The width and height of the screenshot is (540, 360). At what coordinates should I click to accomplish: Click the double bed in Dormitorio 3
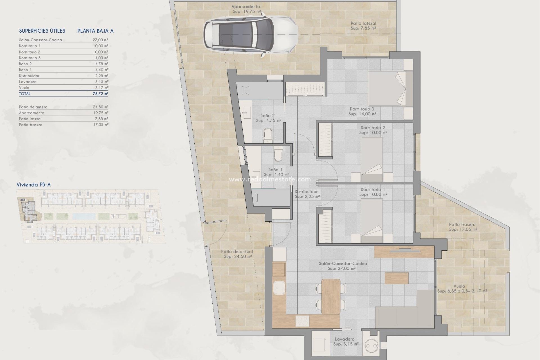[x=390, y=88]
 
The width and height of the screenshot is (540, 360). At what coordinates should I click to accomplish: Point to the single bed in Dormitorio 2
[x=372, y=159]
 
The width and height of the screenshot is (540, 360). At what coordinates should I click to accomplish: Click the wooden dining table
[x=331, y=296]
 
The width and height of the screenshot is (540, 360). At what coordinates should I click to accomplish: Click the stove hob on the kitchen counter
[x=302, y=321]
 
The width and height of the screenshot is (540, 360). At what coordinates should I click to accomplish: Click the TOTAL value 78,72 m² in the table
[x=100, y=94]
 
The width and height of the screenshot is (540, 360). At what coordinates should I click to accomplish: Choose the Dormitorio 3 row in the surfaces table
[x=64, y=58]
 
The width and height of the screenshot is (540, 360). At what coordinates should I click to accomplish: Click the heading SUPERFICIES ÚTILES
[x=42, y=31]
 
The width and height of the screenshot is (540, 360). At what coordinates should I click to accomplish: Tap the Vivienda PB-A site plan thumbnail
[x=91, y=216]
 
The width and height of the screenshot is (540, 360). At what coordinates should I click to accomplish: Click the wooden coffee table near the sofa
[x=397, y=278]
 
